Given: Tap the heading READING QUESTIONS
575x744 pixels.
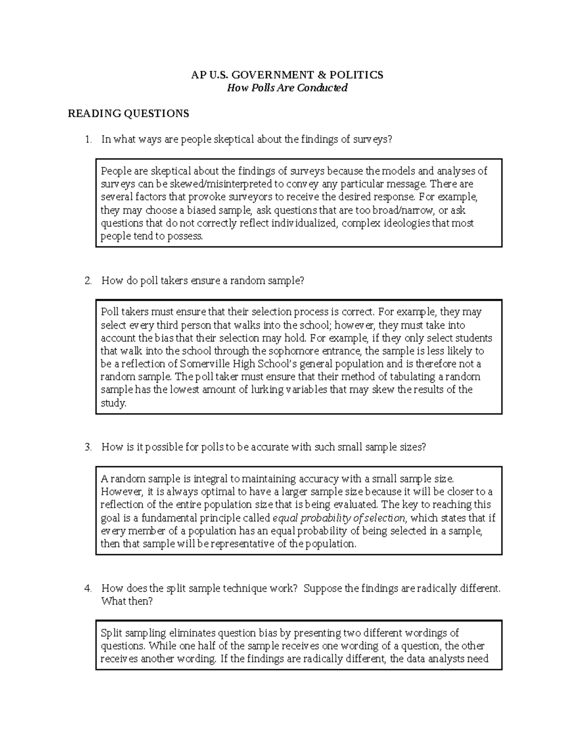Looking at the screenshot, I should pyautogui.click(x=128, y=114).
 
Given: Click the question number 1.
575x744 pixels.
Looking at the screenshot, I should pyautogui.click(x=87, y=140).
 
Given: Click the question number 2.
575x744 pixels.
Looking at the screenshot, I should pyautogui.click(x=87, y=281).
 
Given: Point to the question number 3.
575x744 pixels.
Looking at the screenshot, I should pyautogui.click(x=87, y=447).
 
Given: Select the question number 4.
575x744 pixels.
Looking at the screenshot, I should pyautogui.click(x=87, y=588).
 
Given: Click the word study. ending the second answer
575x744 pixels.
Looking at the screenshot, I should pyautogui.click(x=114, y=403).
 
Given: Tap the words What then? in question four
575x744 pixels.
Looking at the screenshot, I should pyautogui.click(x=127, y=601).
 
